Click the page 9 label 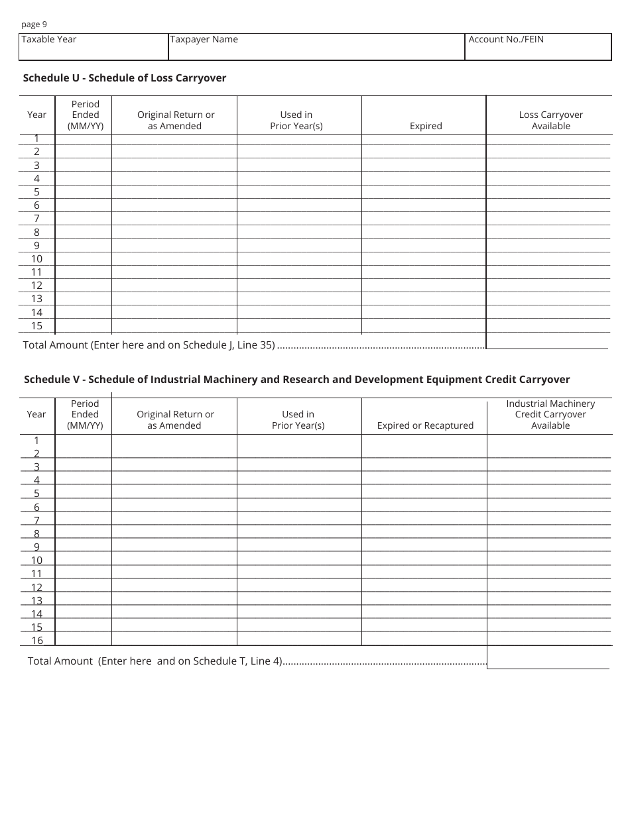pos(34,25)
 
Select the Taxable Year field pos(94,47)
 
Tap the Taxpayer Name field pos(316,47)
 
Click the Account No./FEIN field pos(538,47)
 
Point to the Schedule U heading pos(125,78)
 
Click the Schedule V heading pos(296,380)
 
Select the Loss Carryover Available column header pos(550,120)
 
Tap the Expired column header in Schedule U pos(426,126)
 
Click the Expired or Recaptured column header pos(425,425)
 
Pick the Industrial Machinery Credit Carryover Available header pos(550,414)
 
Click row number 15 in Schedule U pos(36,325)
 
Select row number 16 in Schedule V pos(37,640)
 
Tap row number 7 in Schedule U pos(37,219)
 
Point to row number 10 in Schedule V pos(36,560)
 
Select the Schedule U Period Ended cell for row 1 pos(83,138)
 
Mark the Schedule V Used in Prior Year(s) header pos(298,419)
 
